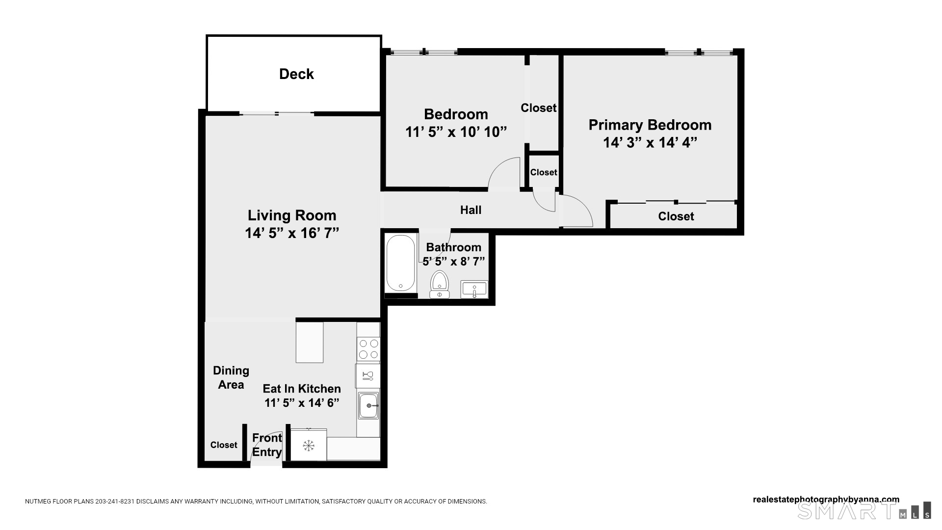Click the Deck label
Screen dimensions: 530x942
pyautogui.click(x=296, y=74)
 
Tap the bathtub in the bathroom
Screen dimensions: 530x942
pyautogui.click(x=400, y=264)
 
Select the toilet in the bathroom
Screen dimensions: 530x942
pyautogui.click(x=439, y=284)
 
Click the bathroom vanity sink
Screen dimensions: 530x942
pyautogui.click(x=474, y=289)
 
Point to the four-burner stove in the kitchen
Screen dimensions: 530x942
pyautogui.click(x=368, y=349)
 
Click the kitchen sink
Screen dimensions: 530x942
pyautogui.click(x=368, y=405)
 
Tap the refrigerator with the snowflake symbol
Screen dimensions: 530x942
pyautogui.click(x=308, y=446)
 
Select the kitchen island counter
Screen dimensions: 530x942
pyautogui.click(x=310, y=342)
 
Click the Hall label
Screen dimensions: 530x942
pyautogui.click(x=471, y=210)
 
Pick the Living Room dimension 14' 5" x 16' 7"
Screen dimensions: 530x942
pyautogui.click(x=292, y=233)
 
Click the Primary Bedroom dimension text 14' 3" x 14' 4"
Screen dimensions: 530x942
pyautogui.click(x=650, y=142)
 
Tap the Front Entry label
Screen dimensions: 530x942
pyautogui.click(x=267, y=445)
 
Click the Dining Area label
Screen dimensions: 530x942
pyautogui.click(x=231, y=377)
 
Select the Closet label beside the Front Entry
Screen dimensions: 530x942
pyautogui.click(x=224, y=445)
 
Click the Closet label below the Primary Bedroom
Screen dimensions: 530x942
pyautogui.click(x=676, y=216)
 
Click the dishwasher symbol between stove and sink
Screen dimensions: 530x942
pyautogui.click(x=367, y=376)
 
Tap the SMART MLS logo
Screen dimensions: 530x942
pyautogui.click(x=863, y=510)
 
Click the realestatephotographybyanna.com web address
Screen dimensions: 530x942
pyautogui.click(x=826, y=500)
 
